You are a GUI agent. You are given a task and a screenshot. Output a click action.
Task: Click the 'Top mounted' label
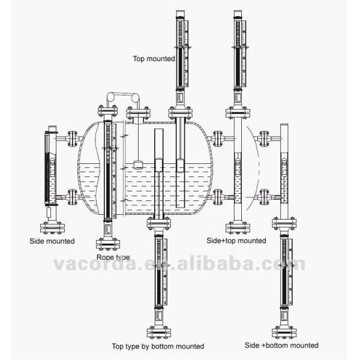pyautogui.click(x=155, y=59)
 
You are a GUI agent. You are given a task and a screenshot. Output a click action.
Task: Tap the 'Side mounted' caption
pyautogui.click(x=52, y=241)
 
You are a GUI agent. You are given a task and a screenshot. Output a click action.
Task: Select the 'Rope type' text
pyautogui.click(x=114, y=257)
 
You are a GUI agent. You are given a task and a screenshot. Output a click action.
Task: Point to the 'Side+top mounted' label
pyautogui.click(x=236, y=241)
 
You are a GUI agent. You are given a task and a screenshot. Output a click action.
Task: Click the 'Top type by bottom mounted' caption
pyautogui.click(x=158, y=346)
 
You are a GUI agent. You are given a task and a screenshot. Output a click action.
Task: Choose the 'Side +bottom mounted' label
pyautogui.click(x=281, y=346)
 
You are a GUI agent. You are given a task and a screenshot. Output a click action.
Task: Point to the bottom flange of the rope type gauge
pyautogui.click(x=107, y=244)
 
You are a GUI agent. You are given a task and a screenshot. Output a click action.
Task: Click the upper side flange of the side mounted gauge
pyautogui.click(x=72, y=139)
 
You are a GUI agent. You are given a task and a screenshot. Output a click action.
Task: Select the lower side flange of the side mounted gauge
pyautogui.click(x=72, y=196)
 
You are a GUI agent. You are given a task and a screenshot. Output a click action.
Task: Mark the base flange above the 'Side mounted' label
pyautogui.click(x=52, y=227)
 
